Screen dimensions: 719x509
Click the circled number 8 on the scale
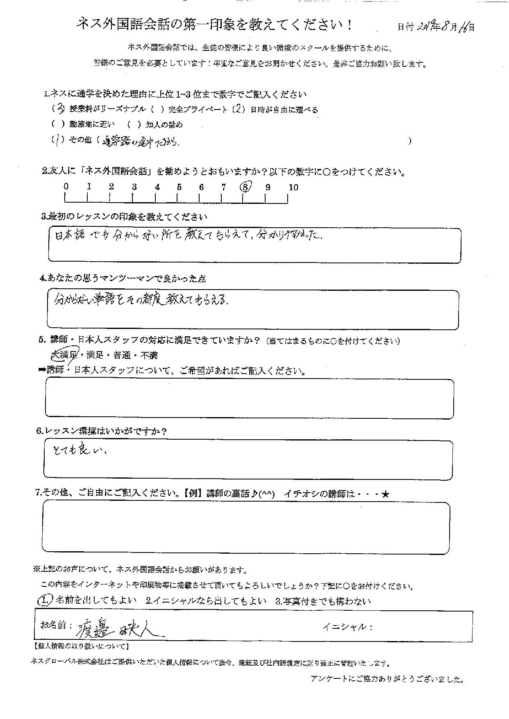click(x=245, y=187)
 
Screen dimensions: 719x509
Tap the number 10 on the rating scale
click(x=293, y=187)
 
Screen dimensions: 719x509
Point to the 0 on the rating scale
click(x=66, y=186)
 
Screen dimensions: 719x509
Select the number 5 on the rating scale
click(x=179, y=187)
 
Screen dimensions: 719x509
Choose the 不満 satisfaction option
click(x=149, y=355)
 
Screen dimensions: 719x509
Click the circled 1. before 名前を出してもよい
click(x=44, y=601)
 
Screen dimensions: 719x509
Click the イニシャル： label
click(x=348, y=627)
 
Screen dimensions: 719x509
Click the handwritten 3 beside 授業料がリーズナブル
click(x=60, y=109)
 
